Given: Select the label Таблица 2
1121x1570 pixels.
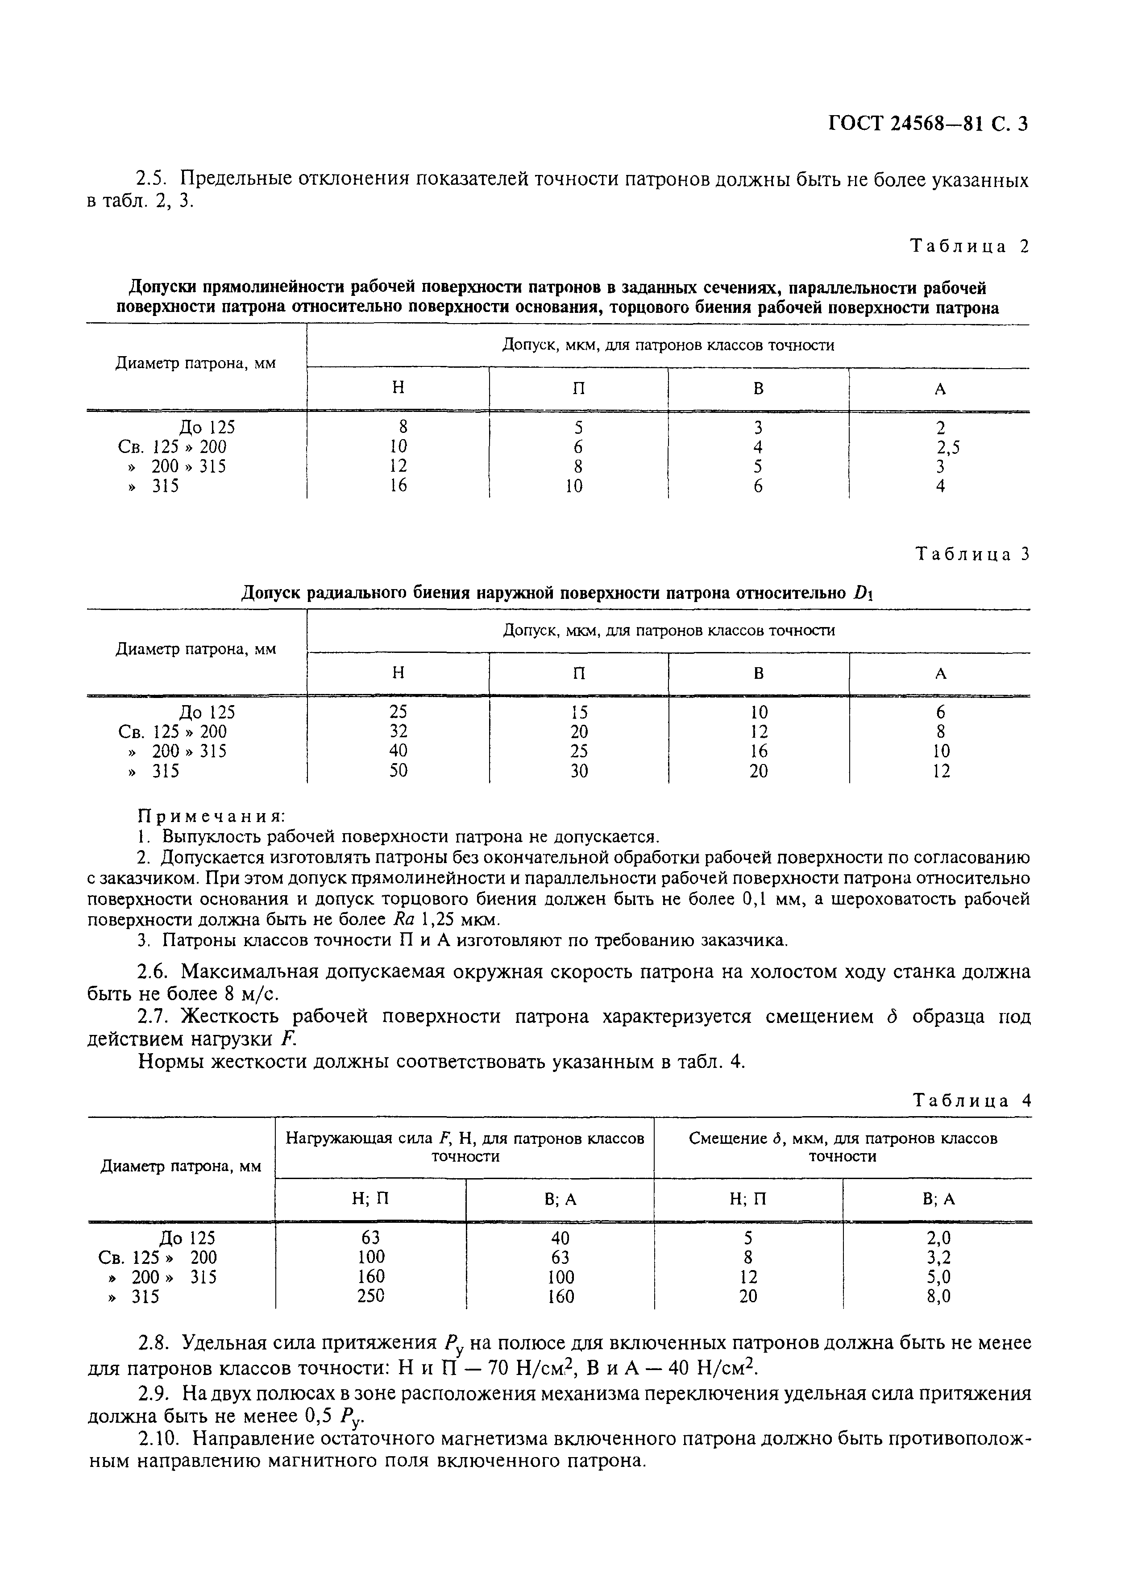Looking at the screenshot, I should [969, 246].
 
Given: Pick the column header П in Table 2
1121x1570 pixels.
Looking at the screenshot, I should [578, 389].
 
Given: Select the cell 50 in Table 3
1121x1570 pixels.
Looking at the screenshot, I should [399, 771].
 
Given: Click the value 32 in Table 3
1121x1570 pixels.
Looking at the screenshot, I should [399, 731].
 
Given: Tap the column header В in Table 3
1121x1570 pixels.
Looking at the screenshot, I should [758, 673].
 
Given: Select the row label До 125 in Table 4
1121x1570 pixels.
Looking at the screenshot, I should [187, 1238].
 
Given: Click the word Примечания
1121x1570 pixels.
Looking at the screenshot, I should [212, 816].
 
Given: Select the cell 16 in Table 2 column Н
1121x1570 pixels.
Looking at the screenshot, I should [399, 486].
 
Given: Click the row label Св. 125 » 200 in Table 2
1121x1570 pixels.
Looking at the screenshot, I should [173, 447].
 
